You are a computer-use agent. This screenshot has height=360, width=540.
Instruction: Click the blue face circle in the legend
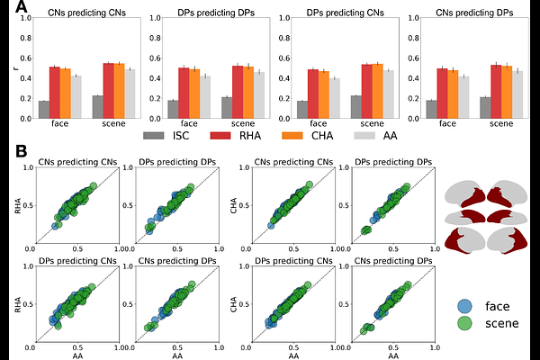pyautogui.click(x=464, y=304)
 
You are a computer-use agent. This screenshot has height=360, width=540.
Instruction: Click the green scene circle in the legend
pyautogui.click(x=464, y=323)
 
